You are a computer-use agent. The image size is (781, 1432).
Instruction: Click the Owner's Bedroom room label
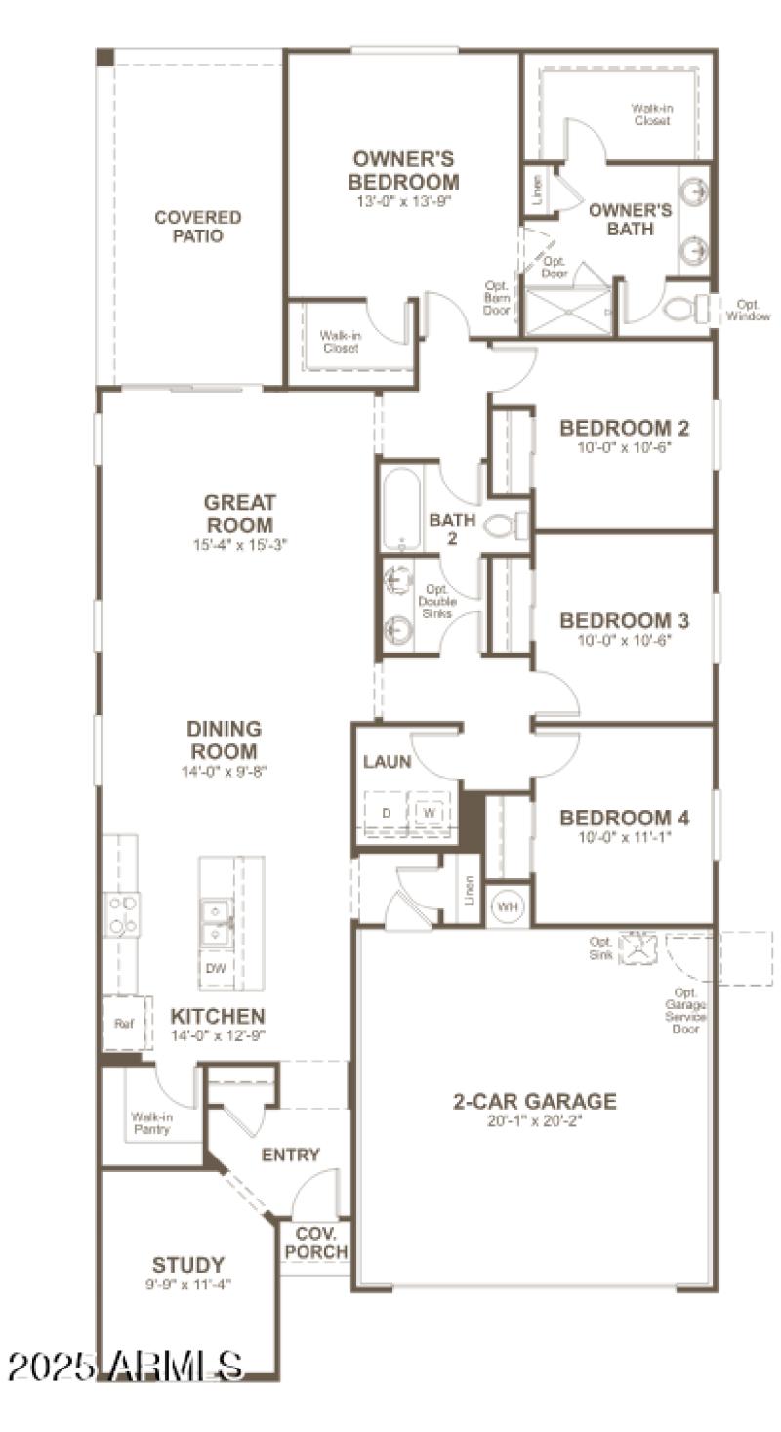pos(405,171)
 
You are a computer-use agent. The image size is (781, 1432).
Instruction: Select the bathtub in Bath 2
pos(400,509)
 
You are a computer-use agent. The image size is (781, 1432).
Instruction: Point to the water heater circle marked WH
pos(508,906)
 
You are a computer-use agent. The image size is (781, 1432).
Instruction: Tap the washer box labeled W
pos(427,813)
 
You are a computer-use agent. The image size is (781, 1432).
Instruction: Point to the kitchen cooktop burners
pos(122,914)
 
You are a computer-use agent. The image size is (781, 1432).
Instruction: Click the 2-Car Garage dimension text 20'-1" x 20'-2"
pos(534,1121)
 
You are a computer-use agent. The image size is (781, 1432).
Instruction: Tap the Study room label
pos(188,1264)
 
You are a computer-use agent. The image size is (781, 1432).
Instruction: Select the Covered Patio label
pos(198,227)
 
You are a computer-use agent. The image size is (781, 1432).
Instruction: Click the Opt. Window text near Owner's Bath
pos(753,310)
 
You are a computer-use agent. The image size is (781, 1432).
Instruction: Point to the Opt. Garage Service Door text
pos(688,1011)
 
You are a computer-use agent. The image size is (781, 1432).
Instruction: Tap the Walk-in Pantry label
pos(151,1122)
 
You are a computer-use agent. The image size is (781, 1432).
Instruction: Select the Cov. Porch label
pos(315,1242)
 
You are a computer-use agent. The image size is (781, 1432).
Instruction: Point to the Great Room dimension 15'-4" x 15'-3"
pos(240,545)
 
